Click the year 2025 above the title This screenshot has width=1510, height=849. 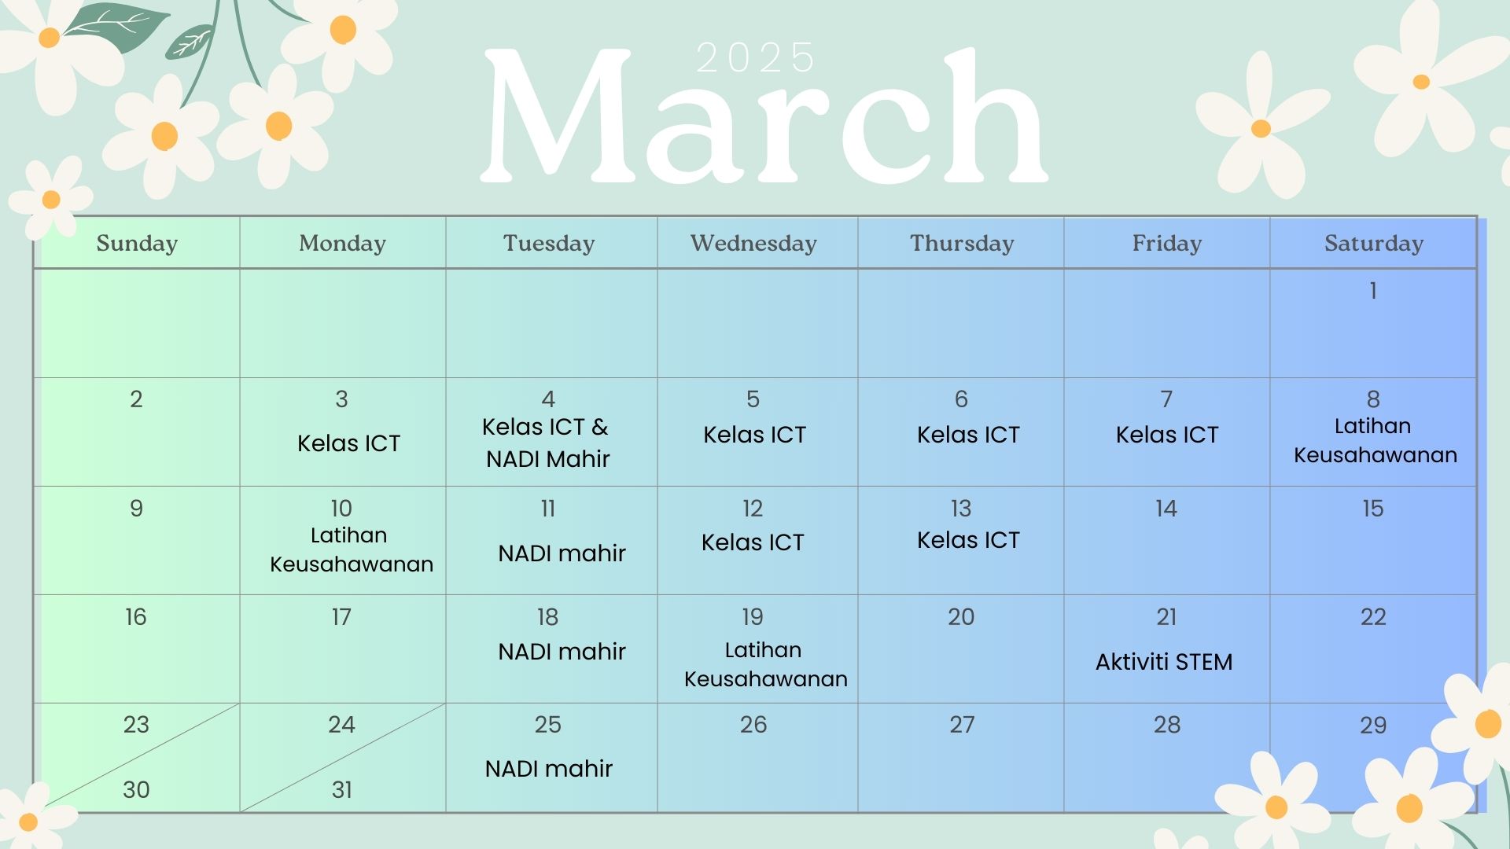coord(755,58)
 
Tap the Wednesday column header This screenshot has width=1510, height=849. coord(753,244)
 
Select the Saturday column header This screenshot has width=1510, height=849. coord(1374,244)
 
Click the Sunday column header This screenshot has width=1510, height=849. coord(137,244)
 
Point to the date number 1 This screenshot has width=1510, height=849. coord(1373,291)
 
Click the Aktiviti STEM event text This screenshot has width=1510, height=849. coord(1164,662)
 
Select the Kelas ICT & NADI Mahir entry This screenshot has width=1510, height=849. coord(547,443)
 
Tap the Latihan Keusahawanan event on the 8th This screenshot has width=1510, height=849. coord(1375,440)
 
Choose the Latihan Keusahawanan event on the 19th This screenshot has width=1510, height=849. coord(765,664)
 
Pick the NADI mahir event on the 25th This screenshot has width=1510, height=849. coord(548,769)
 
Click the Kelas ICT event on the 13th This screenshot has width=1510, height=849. coord(968,540)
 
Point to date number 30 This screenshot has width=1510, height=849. coord(136,789)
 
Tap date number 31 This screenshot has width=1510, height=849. coord(341,789)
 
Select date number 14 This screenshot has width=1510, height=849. coord(1166,509)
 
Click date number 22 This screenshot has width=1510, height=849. coord(1373,617)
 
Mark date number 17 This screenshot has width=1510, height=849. coord(341,617)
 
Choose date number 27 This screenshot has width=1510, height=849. coord(962,725)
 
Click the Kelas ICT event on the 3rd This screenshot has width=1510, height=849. coord(348,443)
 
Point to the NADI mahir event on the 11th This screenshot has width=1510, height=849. coord(562,553)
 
